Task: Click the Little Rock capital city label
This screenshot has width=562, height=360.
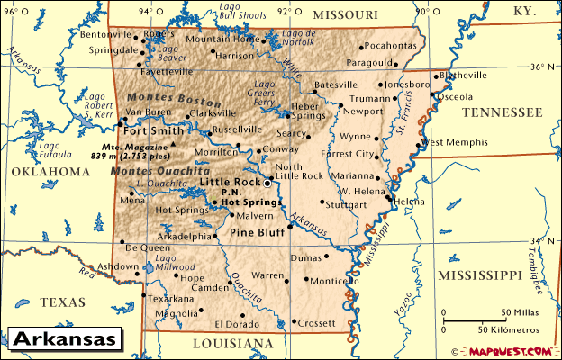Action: pos(228,183)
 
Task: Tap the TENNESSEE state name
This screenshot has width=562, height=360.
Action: pos(502,112)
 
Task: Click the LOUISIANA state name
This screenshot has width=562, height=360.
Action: pos(233,344)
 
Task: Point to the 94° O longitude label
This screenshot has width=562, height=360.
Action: pos(145,12)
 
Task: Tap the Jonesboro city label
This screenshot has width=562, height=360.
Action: pos(408,85)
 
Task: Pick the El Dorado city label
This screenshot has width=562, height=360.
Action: pos(236,324)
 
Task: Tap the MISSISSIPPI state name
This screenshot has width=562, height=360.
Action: pos(479,274)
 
